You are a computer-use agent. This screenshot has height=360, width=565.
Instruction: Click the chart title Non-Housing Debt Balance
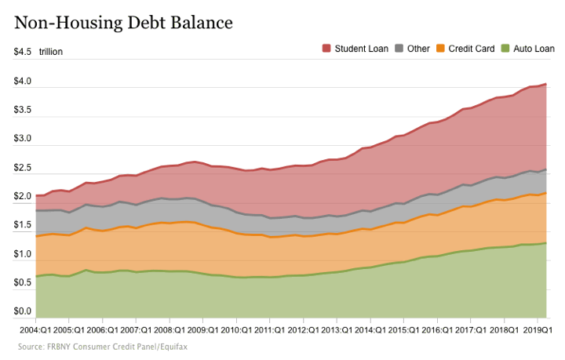(123, 22)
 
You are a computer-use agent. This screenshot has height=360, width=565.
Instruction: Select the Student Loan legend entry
(361, 49)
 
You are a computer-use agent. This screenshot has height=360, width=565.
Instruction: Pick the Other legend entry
(418, 49)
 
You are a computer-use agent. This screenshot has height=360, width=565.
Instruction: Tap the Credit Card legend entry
(471, 49)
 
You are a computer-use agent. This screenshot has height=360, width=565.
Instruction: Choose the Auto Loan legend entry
(534, 49)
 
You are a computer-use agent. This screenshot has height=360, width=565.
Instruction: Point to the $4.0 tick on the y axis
(22, 82)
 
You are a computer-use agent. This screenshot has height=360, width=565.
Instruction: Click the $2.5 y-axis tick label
(22, 168)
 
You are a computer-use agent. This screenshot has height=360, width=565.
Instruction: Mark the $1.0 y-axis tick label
(22, 254)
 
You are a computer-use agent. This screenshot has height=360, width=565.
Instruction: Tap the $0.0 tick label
(22, 312)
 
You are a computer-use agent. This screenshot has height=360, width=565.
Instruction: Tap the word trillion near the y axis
(51, 53)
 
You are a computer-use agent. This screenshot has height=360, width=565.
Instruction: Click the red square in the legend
(326, 49)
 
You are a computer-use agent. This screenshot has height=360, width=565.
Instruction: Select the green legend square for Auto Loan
(505, 49)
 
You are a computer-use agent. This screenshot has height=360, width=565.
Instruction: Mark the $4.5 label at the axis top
(22, 53)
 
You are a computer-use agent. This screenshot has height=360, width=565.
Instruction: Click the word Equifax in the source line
(171, 346)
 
